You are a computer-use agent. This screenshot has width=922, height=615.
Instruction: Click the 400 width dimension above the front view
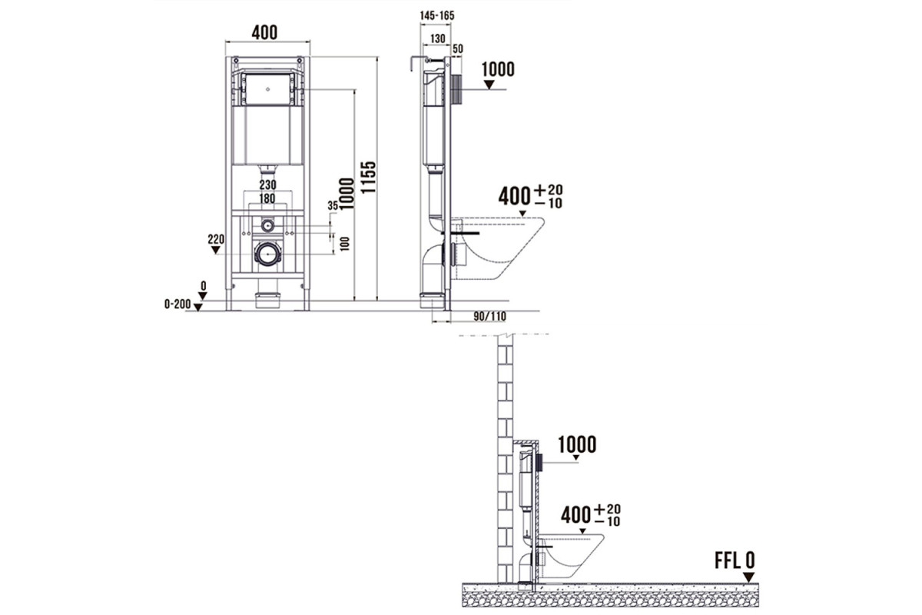tap(264, 32)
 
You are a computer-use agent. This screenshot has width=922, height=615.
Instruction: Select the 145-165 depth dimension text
tap(437, 15)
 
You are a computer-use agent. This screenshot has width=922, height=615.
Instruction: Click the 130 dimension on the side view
tap(437, 38)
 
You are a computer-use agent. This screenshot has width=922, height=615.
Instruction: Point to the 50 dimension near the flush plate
tap(458, 48)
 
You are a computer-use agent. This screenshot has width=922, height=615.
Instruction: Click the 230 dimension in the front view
tap(267, 184)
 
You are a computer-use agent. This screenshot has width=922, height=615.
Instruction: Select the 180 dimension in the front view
tap(267, 198)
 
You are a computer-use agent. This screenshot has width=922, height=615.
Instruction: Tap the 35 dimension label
tap(333, 205)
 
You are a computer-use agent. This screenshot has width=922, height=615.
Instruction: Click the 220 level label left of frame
tap(216, 239)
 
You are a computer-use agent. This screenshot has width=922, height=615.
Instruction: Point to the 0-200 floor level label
tap(177, 304)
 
